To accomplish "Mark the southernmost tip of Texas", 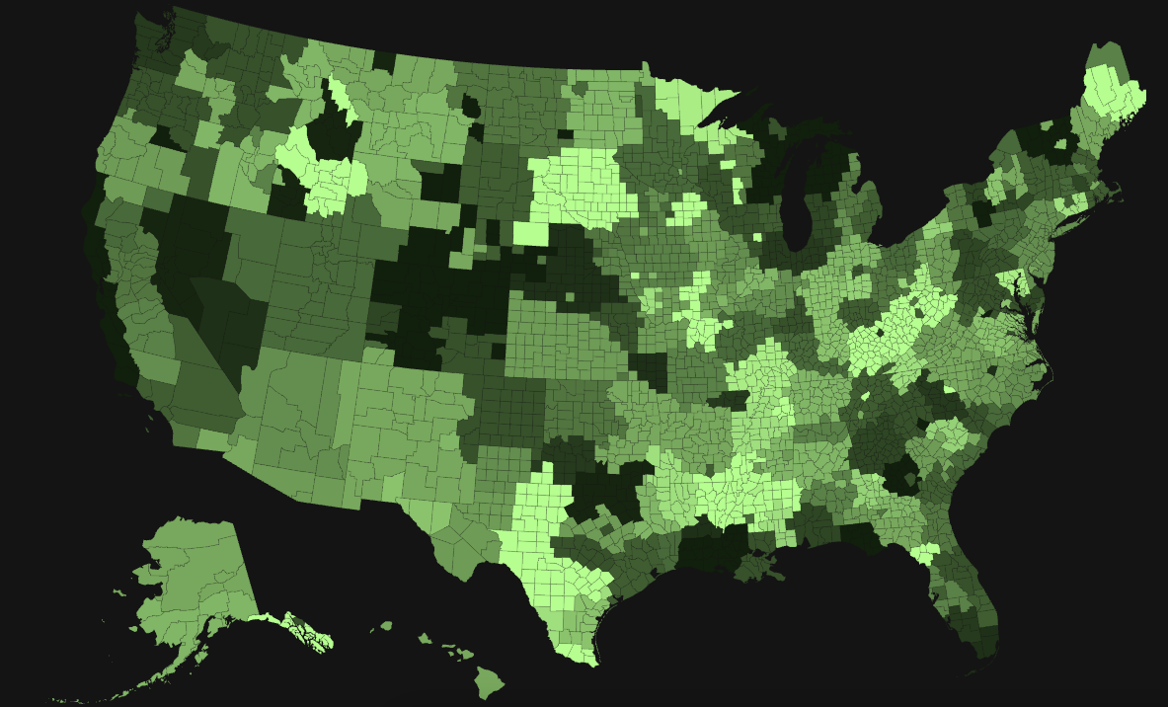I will click(591, 663).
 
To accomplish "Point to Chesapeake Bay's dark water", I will click(1027, 316).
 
